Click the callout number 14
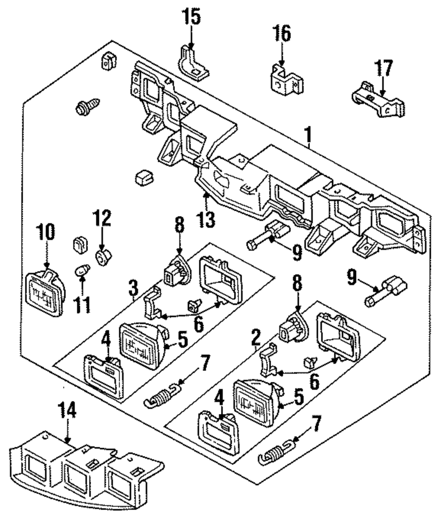pos(67,410)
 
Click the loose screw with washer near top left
pos(82,108)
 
